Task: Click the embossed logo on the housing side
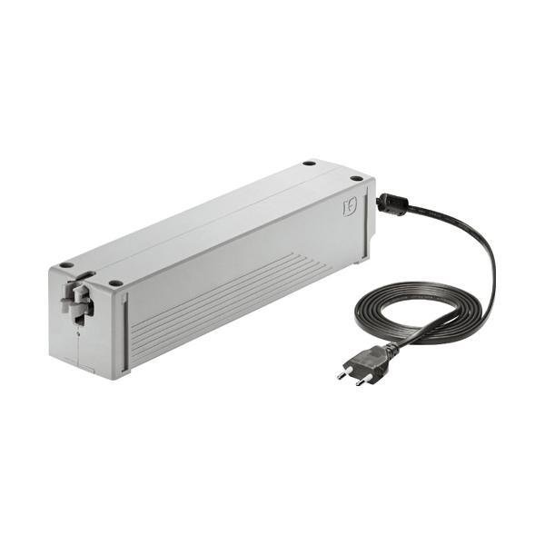click(x=349, y=207)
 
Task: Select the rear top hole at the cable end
click(x=309, y=163)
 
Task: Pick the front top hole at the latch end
click(x=115, y=283)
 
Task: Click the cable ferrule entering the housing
click(x=386, y=201)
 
